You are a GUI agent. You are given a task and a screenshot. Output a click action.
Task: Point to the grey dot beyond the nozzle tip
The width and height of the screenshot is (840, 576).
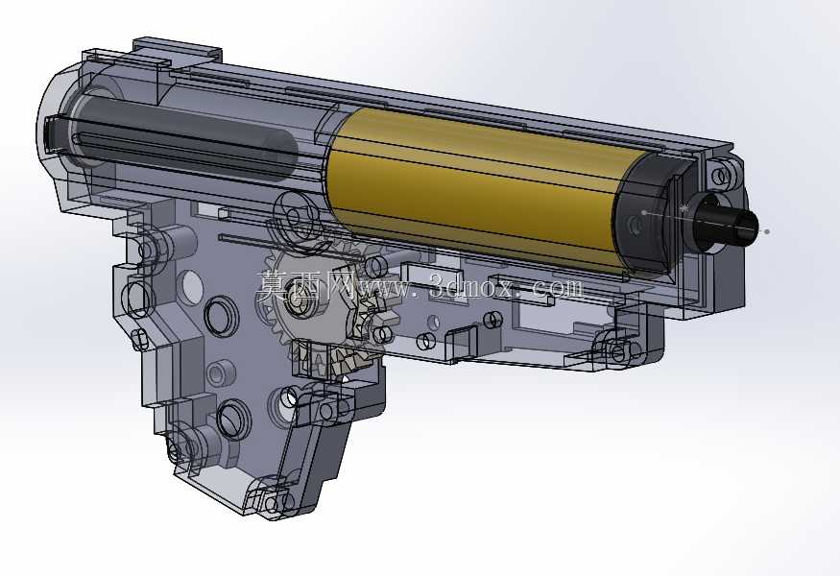point(768,231)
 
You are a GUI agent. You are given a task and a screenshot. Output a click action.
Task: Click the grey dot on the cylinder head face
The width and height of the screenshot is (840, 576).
point(644,213)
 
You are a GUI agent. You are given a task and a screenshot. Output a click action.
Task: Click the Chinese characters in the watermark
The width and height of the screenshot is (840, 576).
point(304,286)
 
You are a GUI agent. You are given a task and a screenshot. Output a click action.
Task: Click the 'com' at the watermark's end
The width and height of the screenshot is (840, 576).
point(557,288)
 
